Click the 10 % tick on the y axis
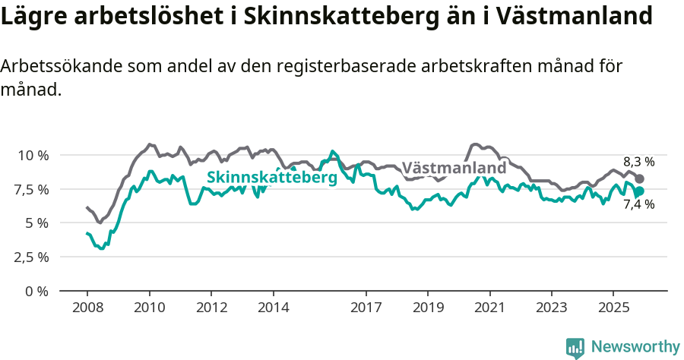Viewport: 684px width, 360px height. [x=33, y=155]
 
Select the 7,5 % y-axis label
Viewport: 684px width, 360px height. [x=33, y=189]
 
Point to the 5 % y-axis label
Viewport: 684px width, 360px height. [x=37, y=223]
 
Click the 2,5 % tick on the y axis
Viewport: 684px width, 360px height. [x=33, y=257]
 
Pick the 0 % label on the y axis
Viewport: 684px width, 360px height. [x=37, y=291]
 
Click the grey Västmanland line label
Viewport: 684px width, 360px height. [x=454, y=168]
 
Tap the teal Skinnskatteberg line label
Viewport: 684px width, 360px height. [x=272, y=177]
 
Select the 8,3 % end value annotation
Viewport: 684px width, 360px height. [x=638, y=162]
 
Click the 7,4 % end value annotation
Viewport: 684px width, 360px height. [x=638, y=204]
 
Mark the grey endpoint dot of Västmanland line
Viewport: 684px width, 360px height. [x=640, y=178]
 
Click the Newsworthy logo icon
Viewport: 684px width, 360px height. [x=575, y=348]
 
